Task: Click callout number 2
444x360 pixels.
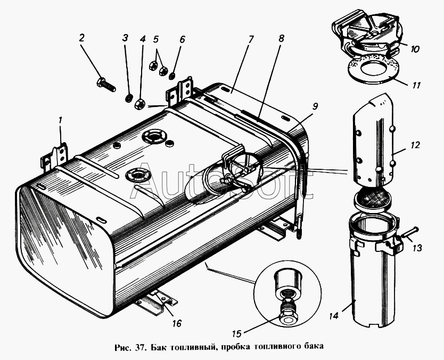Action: point(82,38)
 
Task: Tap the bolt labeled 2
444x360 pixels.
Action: point(106,84)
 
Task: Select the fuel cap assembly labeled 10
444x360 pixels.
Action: point(364,35)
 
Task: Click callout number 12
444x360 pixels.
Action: point(401,145)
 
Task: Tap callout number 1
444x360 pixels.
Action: point(60,120)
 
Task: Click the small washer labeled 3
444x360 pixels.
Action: point(128,98)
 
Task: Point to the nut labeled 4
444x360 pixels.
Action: point(141,103)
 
